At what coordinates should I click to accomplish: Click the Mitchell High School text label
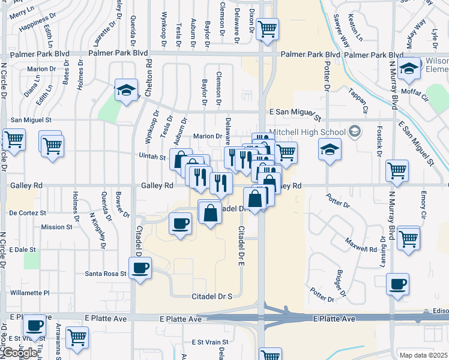pyautogui.click(x=307, y=132)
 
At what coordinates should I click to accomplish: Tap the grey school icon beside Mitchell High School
pyautogui.click(x=355, y=131)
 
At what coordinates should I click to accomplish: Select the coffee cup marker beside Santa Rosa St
pyautogui.click(x=140, y=268)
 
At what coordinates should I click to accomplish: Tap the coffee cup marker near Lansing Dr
pyautogui.click(x=397, y=284)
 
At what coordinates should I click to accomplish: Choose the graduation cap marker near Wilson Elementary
pyautogui.click(x=409, y=69)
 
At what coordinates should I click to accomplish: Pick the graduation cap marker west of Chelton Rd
pyautogui.click(x=127, y=90)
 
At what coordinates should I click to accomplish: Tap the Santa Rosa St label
pyautogui.click(x=106, y=274)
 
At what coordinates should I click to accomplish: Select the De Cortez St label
pyautogui.click(x=28, y=213)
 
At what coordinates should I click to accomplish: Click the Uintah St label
pyautogui.click(x=153, y=157)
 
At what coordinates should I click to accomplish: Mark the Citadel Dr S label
pyautogui.click(x=211, y=297)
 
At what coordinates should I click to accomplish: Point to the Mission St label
pyautogui.click(x=57, y=227)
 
